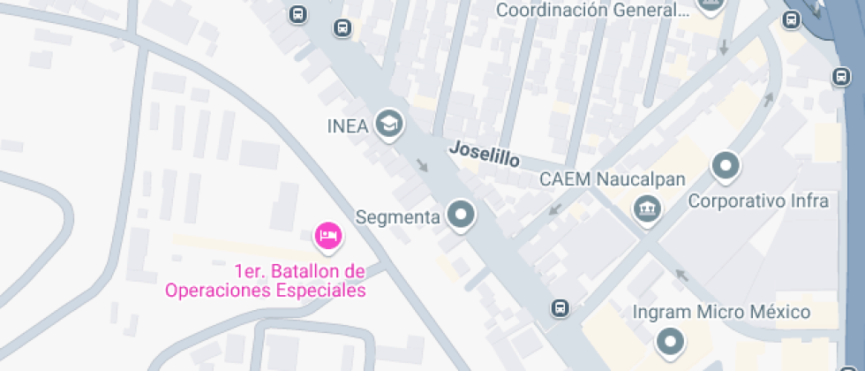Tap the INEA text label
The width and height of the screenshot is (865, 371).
point(347,125)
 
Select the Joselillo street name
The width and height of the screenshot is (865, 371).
point(484,155)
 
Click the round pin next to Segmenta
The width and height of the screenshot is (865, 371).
point(460,214)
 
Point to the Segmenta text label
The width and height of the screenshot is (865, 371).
point(397,216)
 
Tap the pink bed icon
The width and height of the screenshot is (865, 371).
point(328,235)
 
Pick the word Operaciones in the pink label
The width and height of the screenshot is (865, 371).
point(216,289)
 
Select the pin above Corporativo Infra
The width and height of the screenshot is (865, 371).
point(726,165)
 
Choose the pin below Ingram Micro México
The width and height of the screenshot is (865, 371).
point(670,341)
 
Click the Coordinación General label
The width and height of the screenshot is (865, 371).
point(592,11)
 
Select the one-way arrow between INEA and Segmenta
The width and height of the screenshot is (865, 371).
point(423,164)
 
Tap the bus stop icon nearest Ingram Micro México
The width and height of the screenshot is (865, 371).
point(560,307)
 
